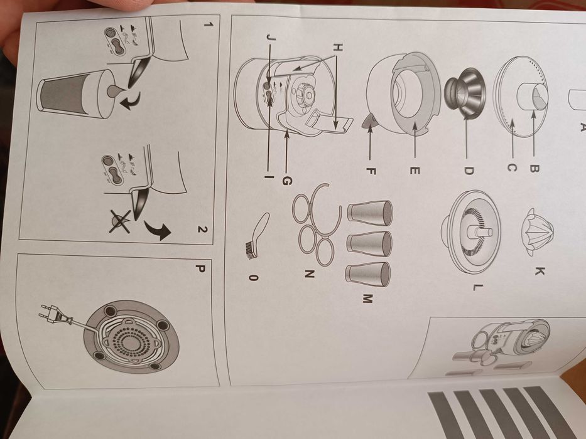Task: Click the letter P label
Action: [x=200, y=269]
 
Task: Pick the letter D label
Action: [x=468, y=170]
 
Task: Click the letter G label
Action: [x=286, y=181]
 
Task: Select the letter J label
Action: [x=270, y=38]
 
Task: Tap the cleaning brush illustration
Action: [x=254, y=235]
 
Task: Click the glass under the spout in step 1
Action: [x=70, y=92]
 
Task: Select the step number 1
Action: [x=207, y=26]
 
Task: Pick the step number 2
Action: [x=202, y=229]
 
